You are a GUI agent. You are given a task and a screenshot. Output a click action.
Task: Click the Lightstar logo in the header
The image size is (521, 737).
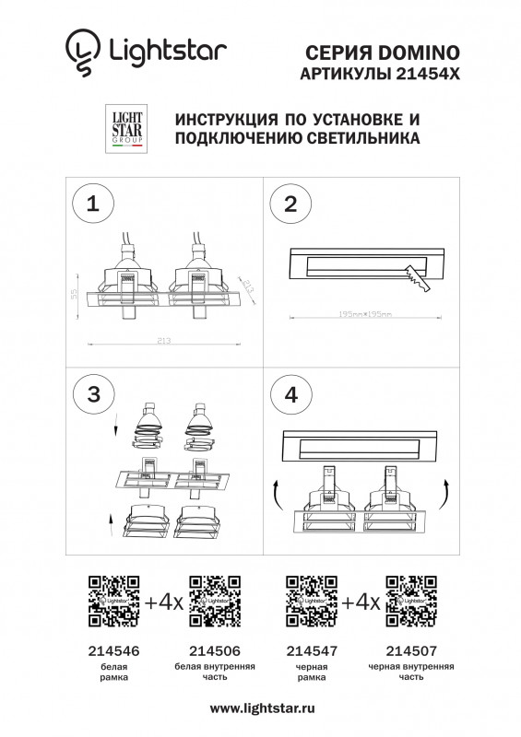point(146,50)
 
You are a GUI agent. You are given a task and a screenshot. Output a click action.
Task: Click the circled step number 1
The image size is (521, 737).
point(92,205)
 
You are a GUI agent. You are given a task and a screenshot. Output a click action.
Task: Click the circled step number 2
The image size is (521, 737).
point(290,205)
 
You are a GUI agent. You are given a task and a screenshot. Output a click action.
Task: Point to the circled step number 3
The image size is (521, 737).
point(92,394)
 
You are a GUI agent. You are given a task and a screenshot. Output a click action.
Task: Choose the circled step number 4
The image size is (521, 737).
point(290,394)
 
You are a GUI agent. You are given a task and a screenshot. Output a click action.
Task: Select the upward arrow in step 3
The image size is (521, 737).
point(110,527)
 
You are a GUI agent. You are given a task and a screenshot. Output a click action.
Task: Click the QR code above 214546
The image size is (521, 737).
point(113,602)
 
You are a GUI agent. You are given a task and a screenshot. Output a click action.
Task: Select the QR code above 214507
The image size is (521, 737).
point(410,602)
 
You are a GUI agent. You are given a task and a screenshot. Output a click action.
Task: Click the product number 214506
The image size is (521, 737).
point(214,650)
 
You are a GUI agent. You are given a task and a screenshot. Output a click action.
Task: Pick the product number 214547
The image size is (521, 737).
point(312,650)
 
